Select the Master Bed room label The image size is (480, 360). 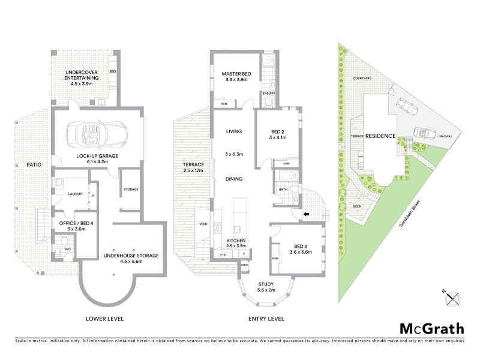tap(236, 76)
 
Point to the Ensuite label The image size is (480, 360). tap(269, 93)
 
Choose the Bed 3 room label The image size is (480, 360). tap(301, 250)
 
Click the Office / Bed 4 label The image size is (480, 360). tap(73, 225)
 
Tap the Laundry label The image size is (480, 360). tap(76, 194)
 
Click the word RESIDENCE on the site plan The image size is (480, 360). tap(380, 136)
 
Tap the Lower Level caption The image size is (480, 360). tap(104, 319)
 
